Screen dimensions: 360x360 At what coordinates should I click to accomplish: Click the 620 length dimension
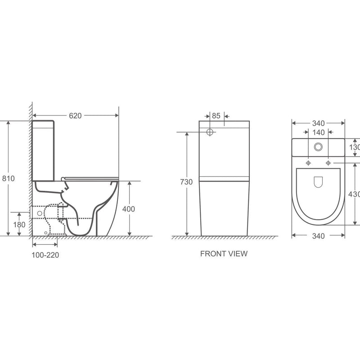[75, 116]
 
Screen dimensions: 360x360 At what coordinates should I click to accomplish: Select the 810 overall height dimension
[9, 178]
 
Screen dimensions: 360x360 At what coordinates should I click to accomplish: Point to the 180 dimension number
[19, 225]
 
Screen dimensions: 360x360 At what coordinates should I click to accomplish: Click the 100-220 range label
[45, 255]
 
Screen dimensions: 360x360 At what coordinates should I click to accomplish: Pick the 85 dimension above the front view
[216, 116]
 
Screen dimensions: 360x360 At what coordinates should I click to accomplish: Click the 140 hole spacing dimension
[319, 132]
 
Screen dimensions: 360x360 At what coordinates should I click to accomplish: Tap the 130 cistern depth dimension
[354, 147]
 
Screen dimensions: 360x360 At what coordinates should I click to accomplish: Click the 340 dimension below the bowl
[319, 235]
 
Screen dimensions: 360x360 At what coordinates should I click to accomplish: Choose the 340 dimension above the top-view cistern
[319, 123]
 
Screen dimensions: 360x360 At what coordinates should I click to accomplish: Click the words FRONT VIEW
[224, 254]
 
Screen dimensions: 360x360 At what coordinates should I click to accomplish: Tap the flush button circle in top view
[319, 146]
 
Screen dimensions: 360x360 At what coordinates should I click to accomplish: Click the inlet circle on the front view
[210, 132]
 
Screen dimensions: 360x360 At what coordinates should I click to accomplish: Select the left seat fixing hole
[309, 162]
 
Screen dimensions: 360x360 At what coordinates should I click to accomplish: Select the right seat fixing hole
[328, 162]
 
